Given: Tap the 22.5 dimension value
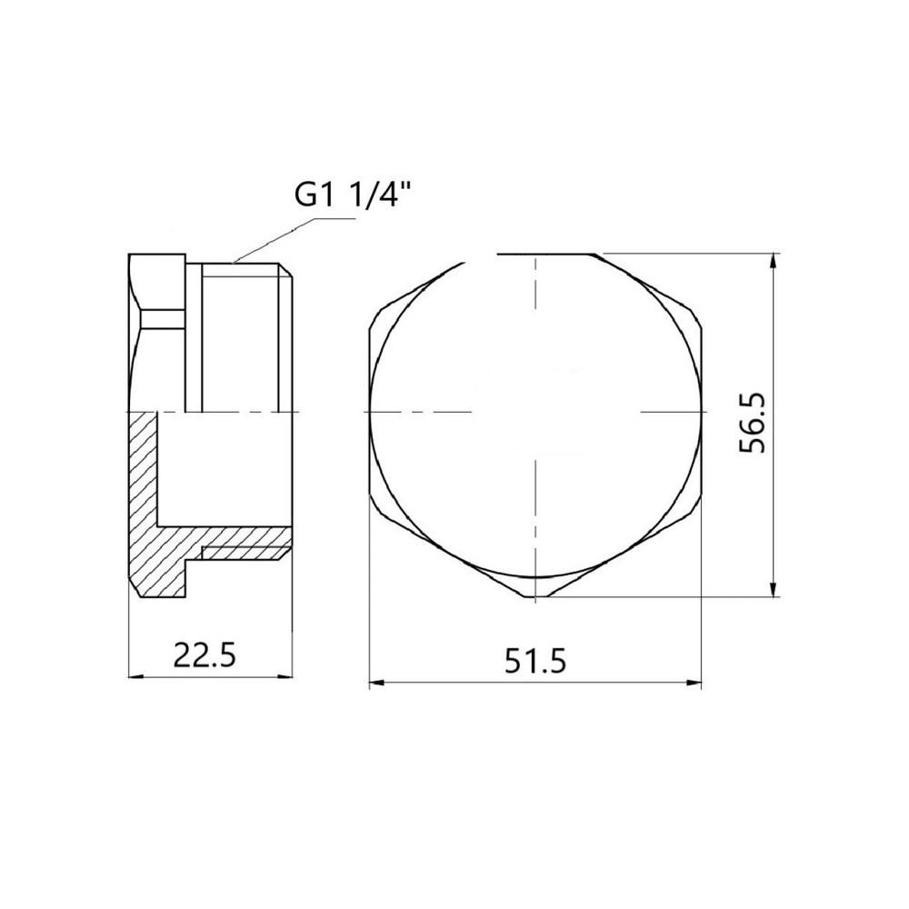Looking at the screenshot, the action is (x=205, y=655).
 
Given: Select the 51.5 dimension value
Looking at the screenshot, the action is (x=534, y=661).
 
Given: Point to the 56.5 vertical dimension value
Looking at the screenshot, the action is (x=753, y=424).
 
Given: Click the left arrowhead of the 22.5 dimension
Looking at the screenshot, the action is (x=135, y=675).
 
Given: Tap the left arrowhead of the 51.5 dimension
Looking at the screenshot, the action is (x=377, y=683).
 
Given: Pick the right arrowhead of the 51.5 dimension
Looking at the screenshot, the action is (x=694, y=683).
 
